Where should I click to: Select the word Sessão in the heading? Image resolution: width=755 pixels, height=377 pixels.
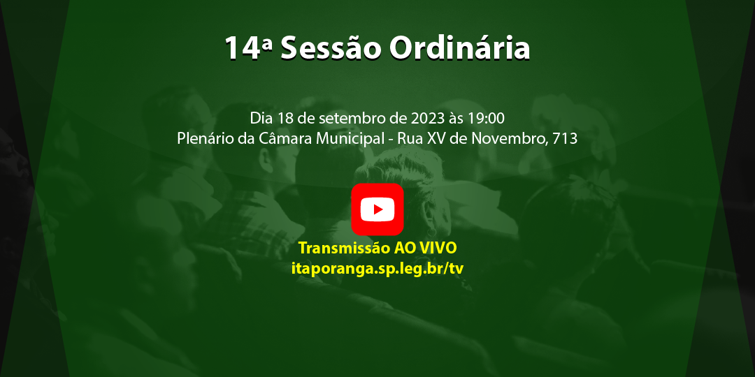(x=331, y=48)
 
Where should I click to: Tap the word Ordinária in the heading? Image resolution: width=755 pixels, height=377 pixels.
(x=459, y=48)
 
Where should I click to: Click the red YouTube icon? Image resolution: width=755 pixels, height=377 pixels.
(x=377, y=209)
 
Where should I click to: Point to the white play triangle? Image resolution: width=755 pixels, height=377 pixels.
(x=378, y=209)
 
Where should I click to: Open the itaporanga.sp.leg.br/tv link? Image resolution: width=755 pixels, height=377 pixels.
(x=377, y=268)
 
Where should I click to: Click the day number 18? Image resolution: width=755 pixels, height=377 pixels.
(x=285, y=117)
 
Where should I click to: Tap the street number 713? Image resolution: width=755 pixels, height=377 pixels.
(x=565, y=138)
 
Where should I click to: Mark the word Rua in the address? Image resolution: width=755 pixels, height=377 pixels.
(x=410, y=138)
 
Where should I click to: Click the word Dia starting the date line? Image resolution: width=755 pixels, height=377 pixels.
(x=261, y=117)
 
